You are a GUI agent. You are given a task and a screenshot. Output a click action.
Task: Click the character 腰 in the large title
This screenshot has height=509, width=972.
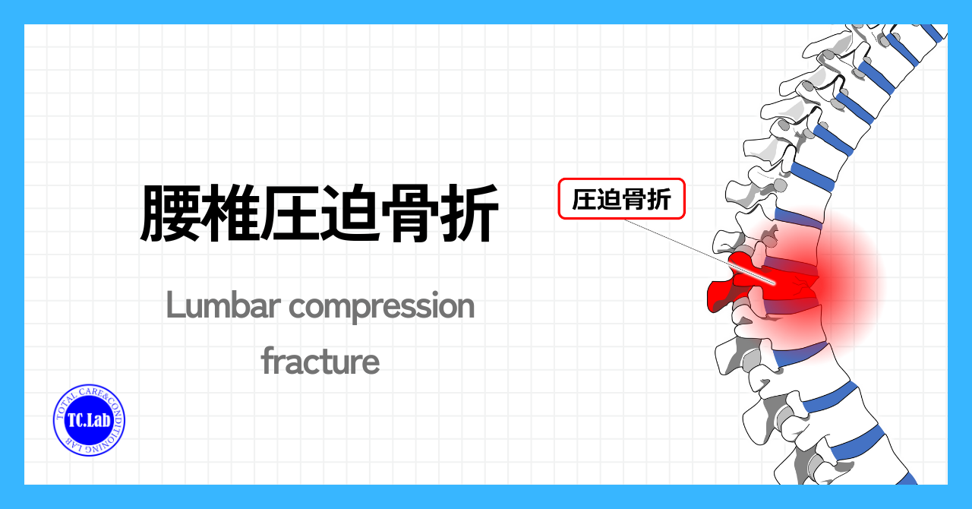click(170, 213)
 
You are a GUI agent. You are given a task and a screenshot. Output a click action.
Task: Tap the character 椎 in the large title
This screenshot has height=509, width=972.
click(230, 213)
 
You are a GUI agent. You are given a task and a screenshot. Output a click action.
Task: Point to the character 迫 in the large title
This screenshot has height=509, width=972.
click(351, 213)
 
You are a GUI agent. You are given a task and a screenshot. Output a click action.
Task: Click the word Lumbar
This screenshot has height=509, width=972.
click(223, 305)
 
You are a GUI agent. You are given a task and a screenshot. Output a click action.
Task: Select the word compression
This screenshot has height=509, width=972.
click(382, 308)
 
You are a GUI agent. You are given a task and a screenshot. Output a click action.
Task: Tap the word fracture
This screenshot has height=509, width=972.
click(320, 360)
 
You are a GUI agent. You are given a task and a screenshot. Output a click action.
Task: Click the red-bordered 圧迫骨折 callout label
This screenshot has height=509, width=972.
click(621, 198)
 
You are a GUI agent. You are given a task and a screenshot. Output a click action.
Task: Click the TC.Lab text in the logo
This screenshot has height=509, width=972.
click(89, 420)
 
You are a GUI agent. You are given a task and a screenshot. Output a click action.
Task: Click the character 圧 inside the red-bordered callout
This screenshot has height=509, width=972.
click(584, 199)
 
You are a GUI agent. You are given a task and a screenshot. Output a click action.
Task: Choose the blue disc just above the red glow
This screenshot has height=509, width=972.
click(798, 219)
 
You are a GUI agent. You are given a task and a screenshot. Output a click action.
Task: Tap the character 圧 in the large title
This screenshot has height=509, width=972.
click(290, 213)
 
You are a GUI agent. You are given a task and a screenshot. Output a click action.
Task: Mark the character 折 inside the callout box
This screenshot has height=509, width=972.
click(659, 199)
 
